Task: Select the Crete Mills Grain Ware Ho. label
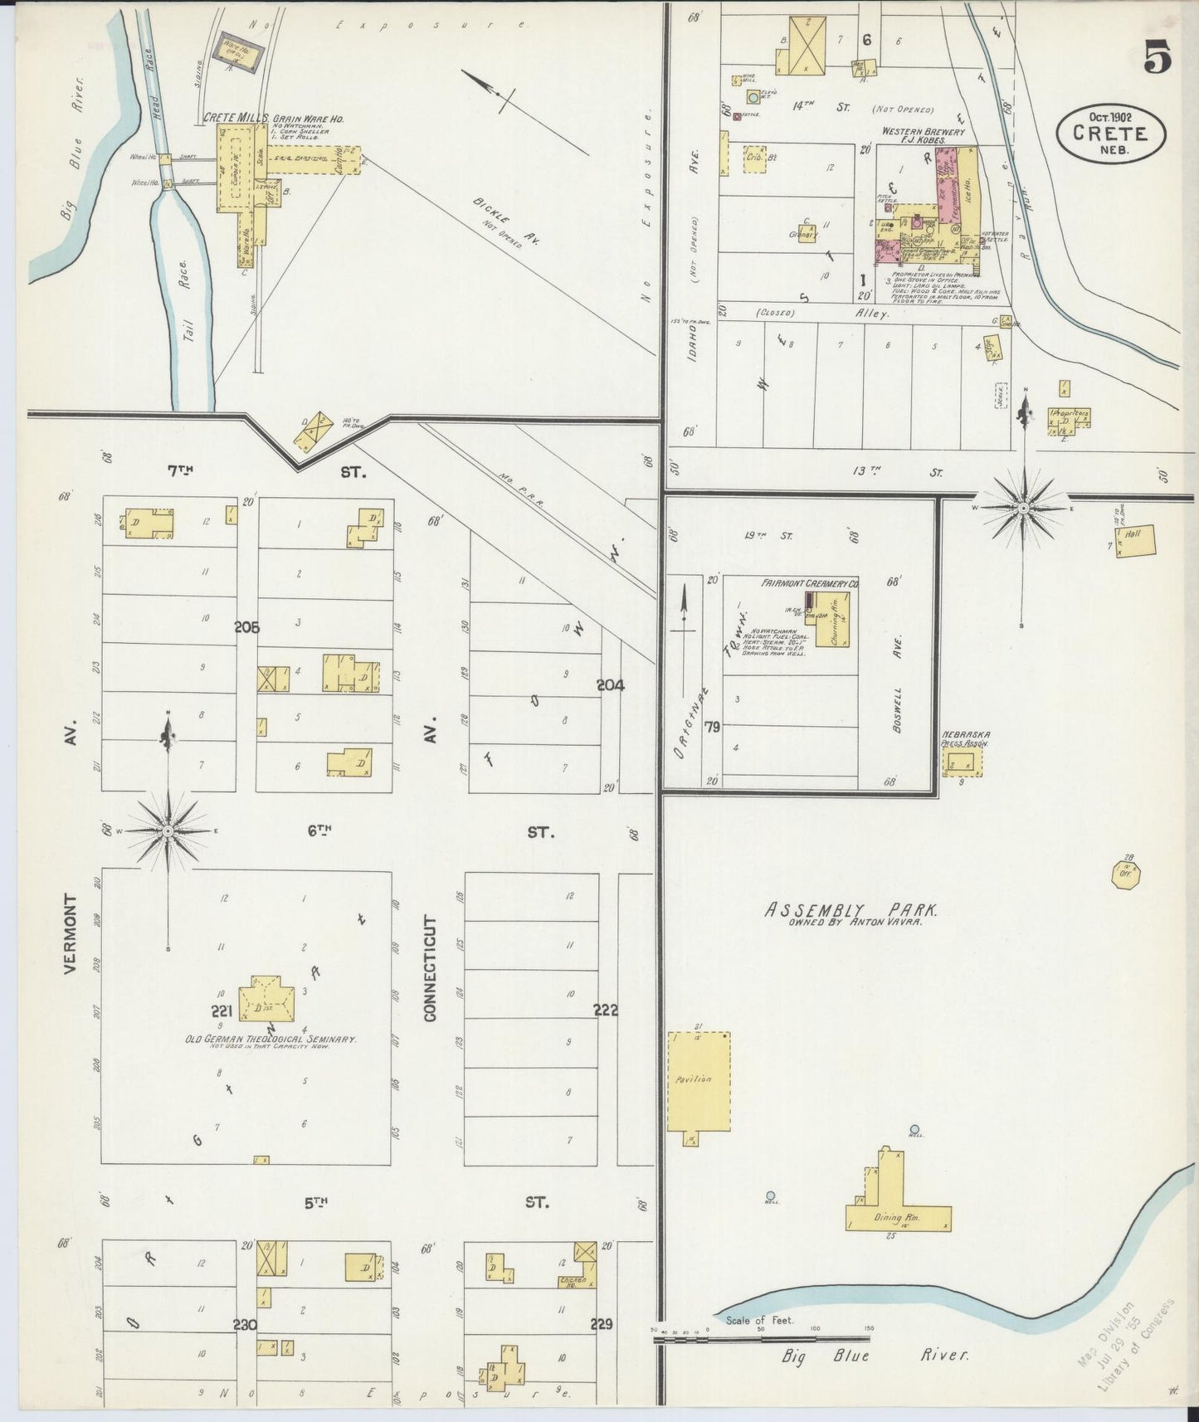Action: [273, 119]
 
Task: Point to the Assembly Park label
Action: [851, 910]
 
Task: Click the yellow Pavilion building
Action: [699, 1081]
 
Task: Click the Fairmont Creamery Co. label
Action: [809, 584]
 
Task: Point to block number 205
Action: [246, 628]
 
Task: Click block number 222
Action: [606, 1010]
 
